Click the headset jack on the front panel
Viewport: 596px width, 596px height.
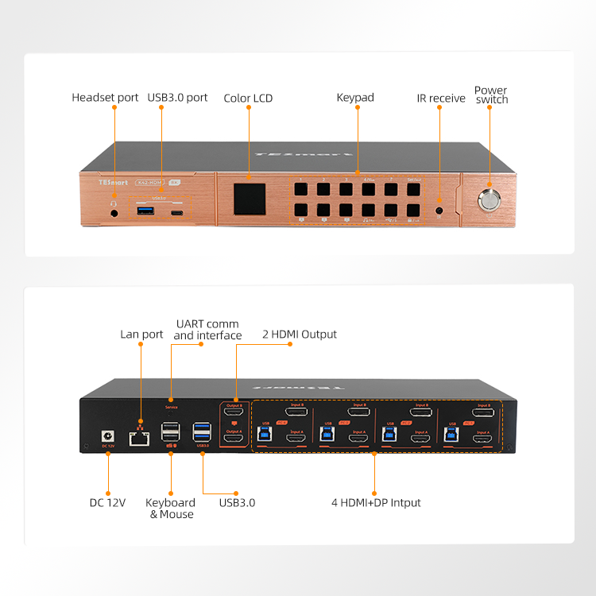(x=115, y=212)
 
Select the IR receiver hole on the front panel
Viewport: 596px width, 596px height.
(x=439, y=211)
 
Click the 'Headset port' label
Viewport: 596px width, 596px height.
(x=105, y=98)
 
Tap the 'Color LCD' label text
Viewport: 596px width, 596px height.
(x=248, y=99)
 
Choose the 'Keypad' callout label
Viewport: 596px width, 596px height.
(x=355, y=98)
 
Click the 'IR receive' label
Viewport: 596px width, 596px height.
(x=441, y=99)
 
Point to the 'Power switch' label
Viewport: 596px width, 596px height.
(x=490, y=95)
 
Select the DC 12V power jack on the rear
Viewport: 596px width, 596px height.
(x=106, y=435)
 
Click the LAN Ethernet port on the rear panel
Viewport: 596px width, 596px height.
(x=141, y=435)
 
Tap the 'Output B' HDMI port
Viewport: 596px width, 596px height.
(x=234, y=413)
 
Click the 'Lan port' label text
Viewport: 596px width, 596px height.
(x=141, y=335)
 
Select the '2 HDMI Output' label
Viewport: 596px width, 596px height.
(x=300, y=335)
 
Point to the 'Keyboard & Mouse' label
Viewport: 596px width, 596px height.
(x=171, y=509)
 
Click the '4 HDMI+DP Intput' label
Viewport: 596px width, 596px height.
(x=376, y=502)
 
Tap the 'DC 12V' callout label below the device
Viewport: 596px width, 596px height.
(x=107, y=502)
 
